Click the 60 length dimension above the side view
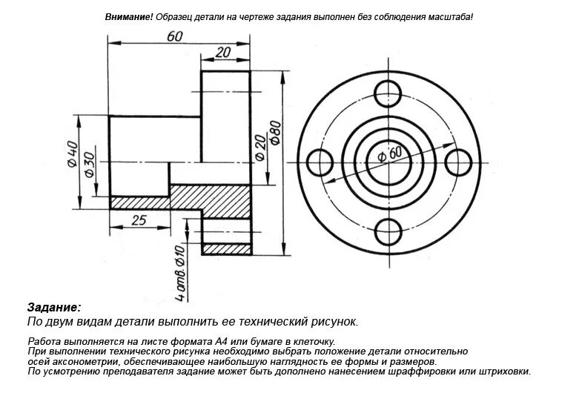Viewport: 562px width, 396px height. (175, 36)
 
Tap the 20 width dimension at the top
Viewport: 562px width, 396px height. (222, 52)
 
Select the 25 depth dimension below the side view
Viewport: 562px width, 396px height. (139, 220)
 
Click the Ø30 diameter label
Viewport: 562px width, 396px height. (89, 163)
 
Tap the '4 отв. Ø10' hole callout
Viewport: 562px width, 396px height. (179, 273)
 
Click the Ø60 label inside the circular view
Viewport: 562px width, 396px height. (389, 154)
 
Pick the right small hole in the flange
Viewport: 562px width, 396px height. (458, 162)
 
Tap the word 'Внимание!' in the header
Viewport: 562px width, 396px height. (129, 16)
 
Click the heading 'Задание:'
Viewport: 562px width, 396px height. (54, 307)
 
